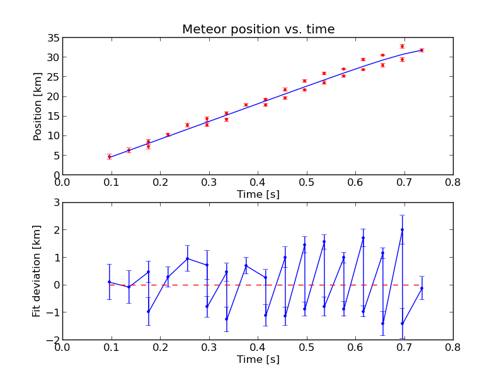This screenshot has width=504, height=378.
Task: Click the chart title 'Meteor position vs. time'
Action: click(x=258, y=30)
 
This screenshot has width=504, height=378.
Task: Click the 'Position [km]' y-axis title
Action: click(x=38, y=106)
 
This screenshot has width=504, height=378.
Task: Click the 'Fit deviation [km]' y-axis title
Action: click(x=37, y=271)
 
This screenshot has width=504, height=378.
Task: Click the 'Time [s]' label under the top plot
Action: click(x=258, y=195)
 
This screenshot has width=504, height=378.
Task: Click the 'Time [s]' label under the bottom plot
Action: click(x=258, y=360)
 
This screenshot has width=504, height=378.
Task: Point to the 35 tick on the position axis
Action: click(x=54, y=38)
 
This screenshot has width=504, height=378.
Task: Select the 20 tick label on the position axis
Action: click(x=54, y=96)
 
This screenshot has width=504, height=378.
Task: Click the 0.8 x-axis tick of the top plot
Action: click(x=453, y=183)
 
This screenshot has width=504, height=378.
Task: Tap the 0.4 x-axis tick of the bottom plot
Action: click(x=258, y=348)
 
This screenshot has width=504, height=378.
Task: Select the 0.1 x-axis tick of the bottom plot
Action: click(x=112, y=348)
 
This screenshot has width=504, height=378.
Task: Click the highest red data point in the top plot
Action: click(x=402, y=46)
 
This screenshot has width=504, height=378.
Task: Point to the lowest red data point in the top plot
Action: click(x=109, y=156)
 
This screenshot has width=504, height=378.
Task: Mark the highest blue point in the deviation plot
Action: click(x=402, y=230)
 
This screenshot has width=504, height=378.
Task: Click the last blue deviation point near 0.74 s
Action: click(x=421, y=288)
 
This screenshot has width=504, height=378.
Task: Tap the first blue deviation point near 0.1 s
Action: click(x=109, y=282)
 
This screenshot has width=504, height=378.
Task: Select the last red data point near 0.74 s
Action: click(x=421, y=50)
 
